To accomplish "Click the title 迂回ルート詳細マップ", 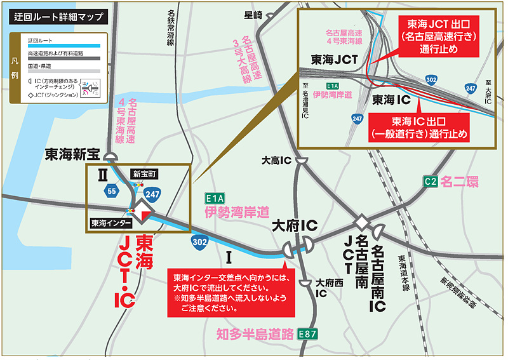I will coord(58,18).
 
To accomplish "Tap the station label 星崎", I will coord(253,14).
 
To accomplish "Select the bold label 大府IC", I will coord(295,226).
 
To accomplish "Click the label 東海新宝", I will coord(74,154).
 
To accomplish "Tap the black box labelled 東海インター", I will coord(111,223).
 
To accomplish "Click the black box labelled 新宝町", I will coord(144,173).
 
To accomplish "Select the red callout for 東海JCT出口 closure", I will coord(439,36).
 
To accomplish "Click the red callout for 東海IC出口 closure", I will coord(426,127).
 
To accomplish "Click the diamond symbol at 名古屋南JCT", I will coord(361,222).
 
